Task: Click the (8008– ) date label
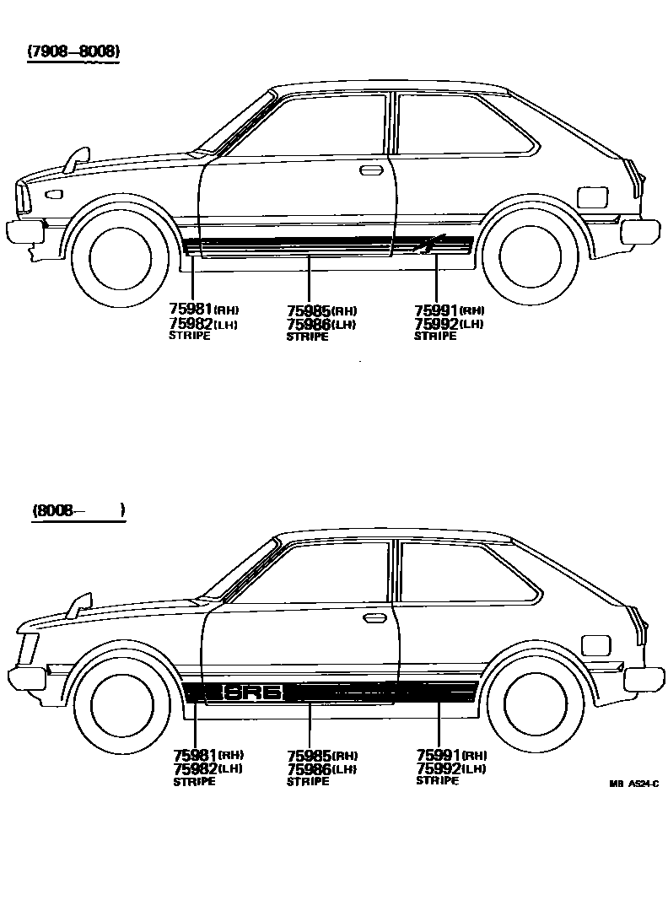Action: click(78, 510)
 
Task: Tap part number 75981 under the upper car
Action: click(190, 310)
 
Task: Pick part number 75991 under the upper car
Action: click(436, 310)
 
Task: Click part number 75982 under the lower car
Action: click(195, 768)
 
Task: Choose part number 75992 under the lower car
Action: click(439, 768)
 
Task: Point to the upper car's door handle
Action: click(369, 171)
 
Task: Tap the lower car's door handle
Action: click(374, 618)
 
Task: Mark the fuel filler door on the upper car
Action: click(591, 197)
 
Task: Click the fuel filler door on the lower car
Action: click(596, 646)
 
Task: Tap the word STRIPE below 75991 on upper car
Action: click(434, 336)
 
